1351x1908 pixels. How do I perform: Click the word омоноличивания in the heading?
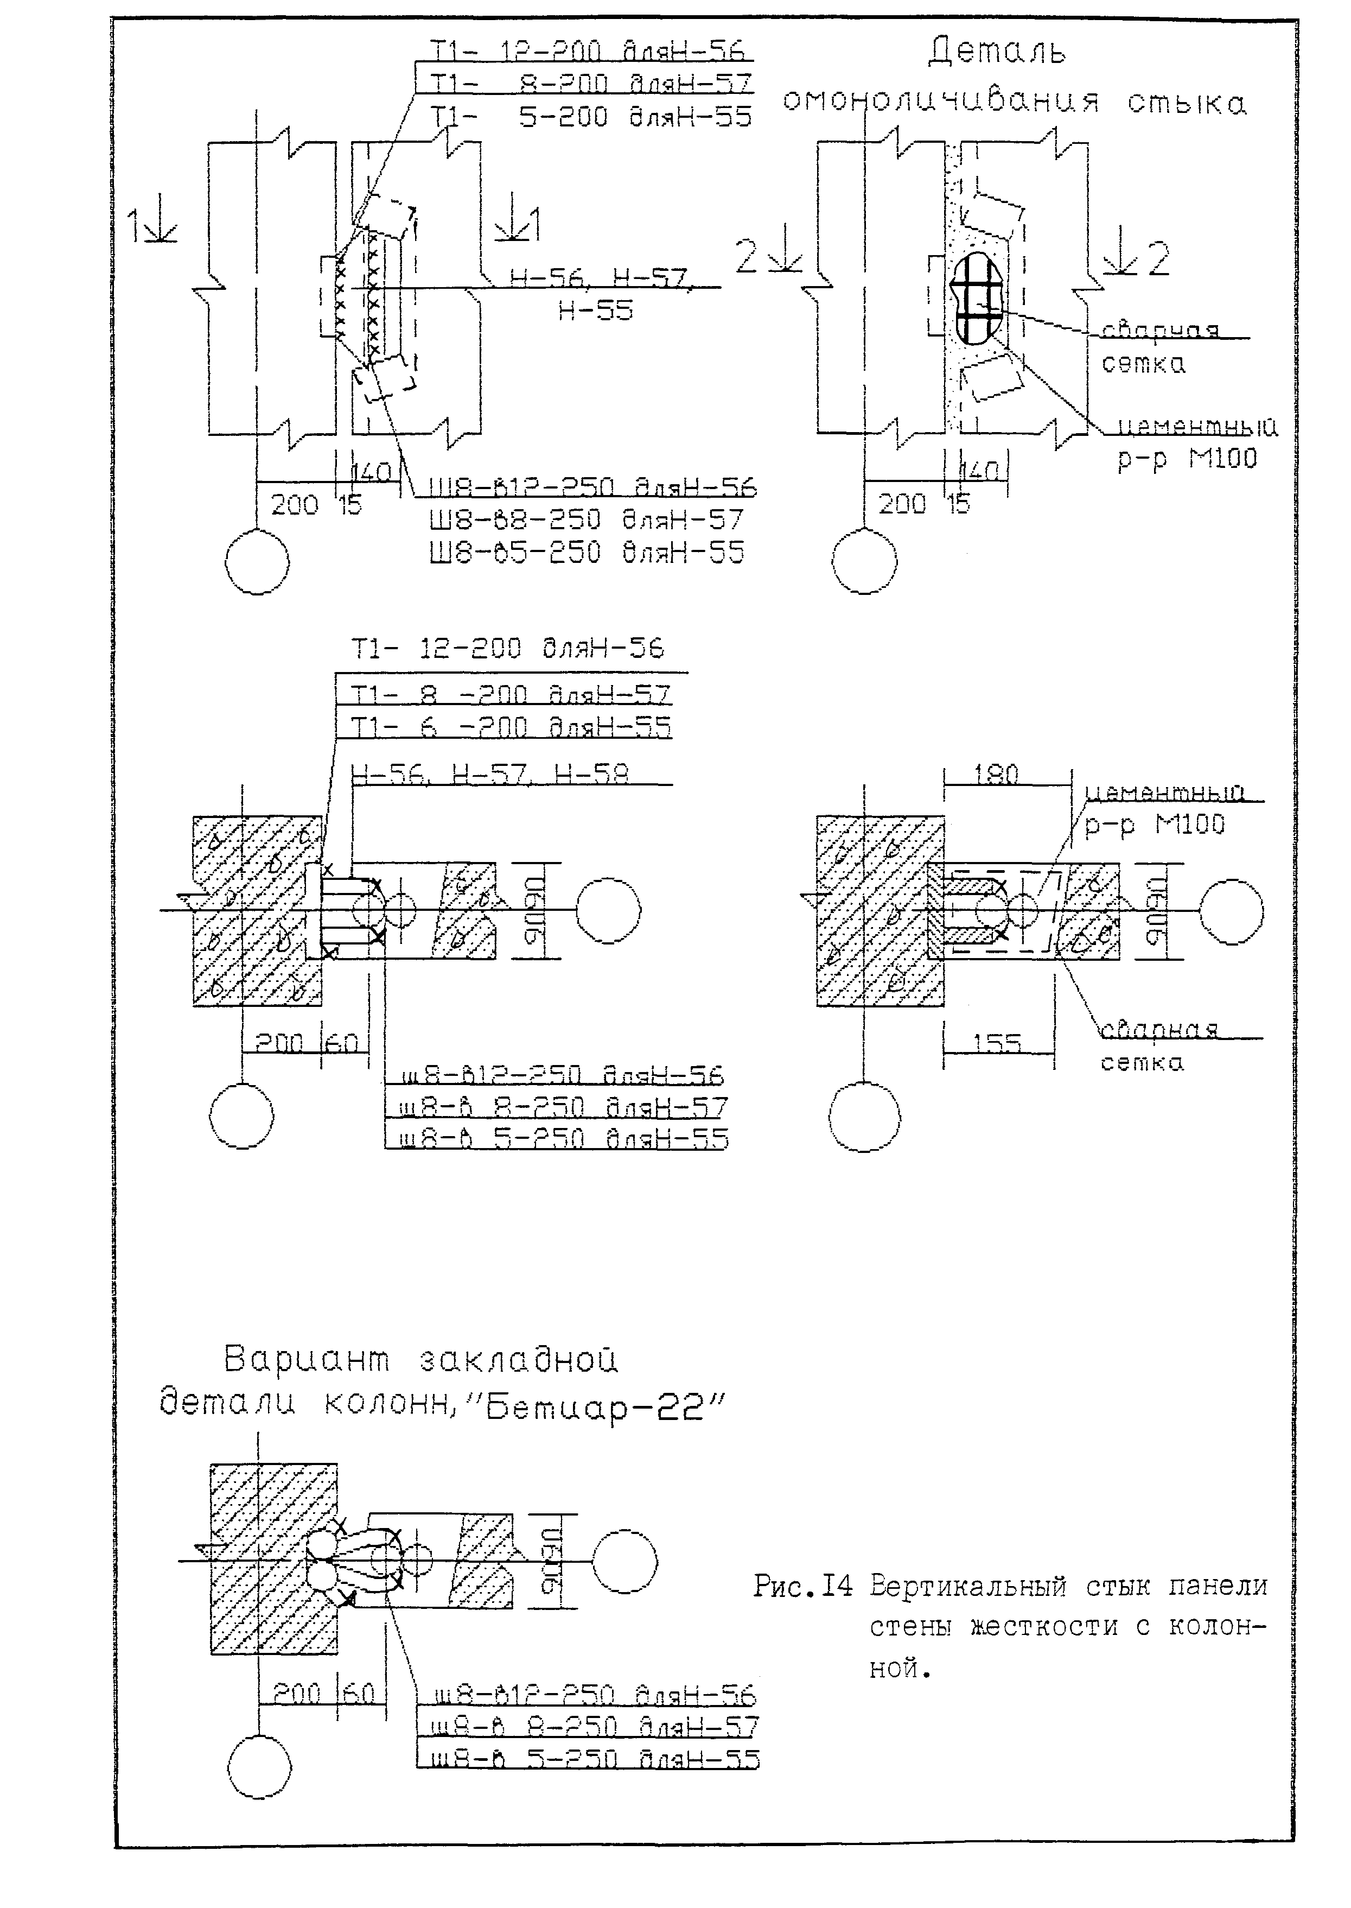tap(941, 102)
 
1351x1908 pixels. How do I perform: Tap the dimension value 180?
tap(996, 774)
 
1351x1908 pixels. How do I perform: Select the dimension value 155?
tap(996, 1043)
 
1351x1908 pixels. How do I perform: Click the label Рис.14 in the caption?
tap(803, 1587)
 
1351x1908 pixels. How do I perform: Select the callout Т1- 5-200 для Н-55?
tap(591, 117)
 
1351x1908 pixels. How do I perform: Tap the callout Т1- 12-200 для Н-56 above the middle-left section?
tap(507, 648)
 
